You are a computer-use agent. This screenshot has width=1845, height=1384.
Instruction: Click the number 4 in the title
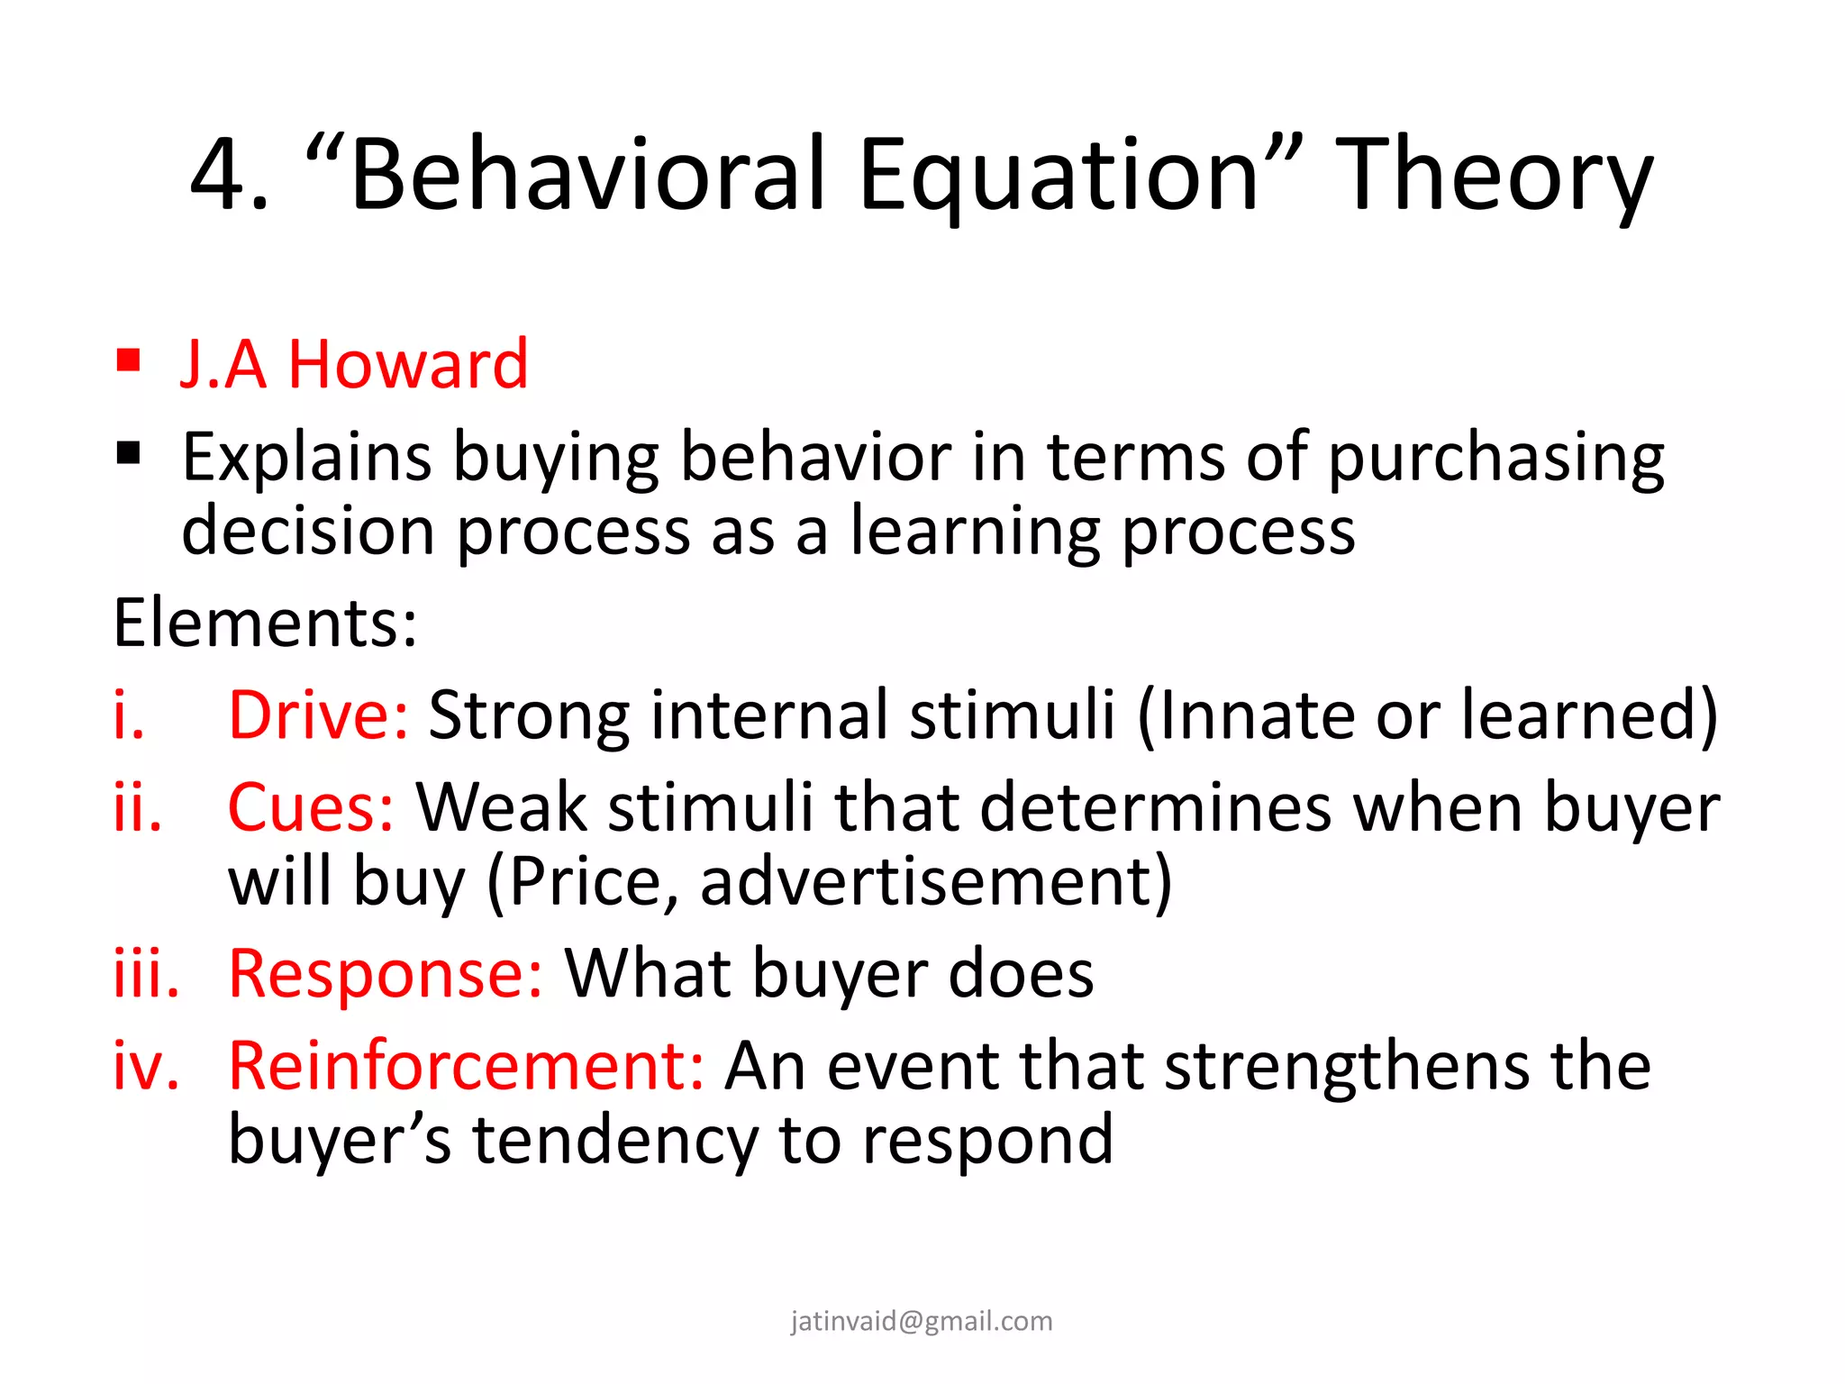(x=219, y=176)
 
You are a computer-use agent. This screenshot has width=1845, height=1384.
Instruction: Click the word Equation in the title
(x=1058, y=176)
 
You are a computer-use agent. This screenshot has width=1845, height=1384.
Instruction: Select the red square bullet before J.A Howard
(x=129, y=360)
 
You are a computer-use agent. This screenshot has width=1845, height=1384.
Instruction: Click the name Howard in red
(x=407, y=365)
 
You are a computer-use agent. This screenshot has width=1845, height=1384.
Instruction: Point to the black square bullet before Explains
(x=129, y=452)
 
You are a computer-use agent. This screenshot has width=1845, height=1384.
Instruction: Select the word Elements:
(x=266, y=624)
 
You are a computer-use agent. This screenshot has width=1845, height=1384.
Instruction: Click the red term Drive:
(x=318, y=715)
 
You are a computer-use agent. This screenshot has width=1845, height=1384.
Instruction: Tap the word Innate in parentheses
(x=1256, y=715)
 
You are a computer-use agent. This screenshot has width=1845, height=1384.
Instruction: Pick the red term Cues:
(x=310, y=807)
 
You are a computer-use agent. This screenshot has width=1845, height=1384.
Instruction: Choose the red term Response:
(x=386, y=974)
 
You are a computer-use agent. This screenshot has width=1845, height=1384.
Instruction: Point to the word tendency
(x=614, y=1140)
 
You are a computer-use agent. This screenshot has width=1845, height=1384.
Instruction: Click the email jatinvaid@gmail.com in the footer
(x=922, y=1321)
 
